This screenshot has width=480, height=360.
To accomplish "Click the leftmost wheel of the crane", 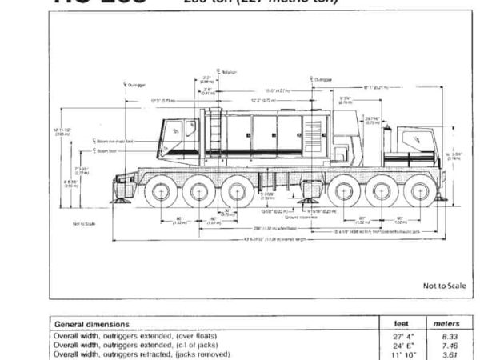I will (158, 194).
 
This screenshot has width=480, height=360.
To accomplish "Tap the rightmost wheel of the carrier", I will (418, 194).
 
